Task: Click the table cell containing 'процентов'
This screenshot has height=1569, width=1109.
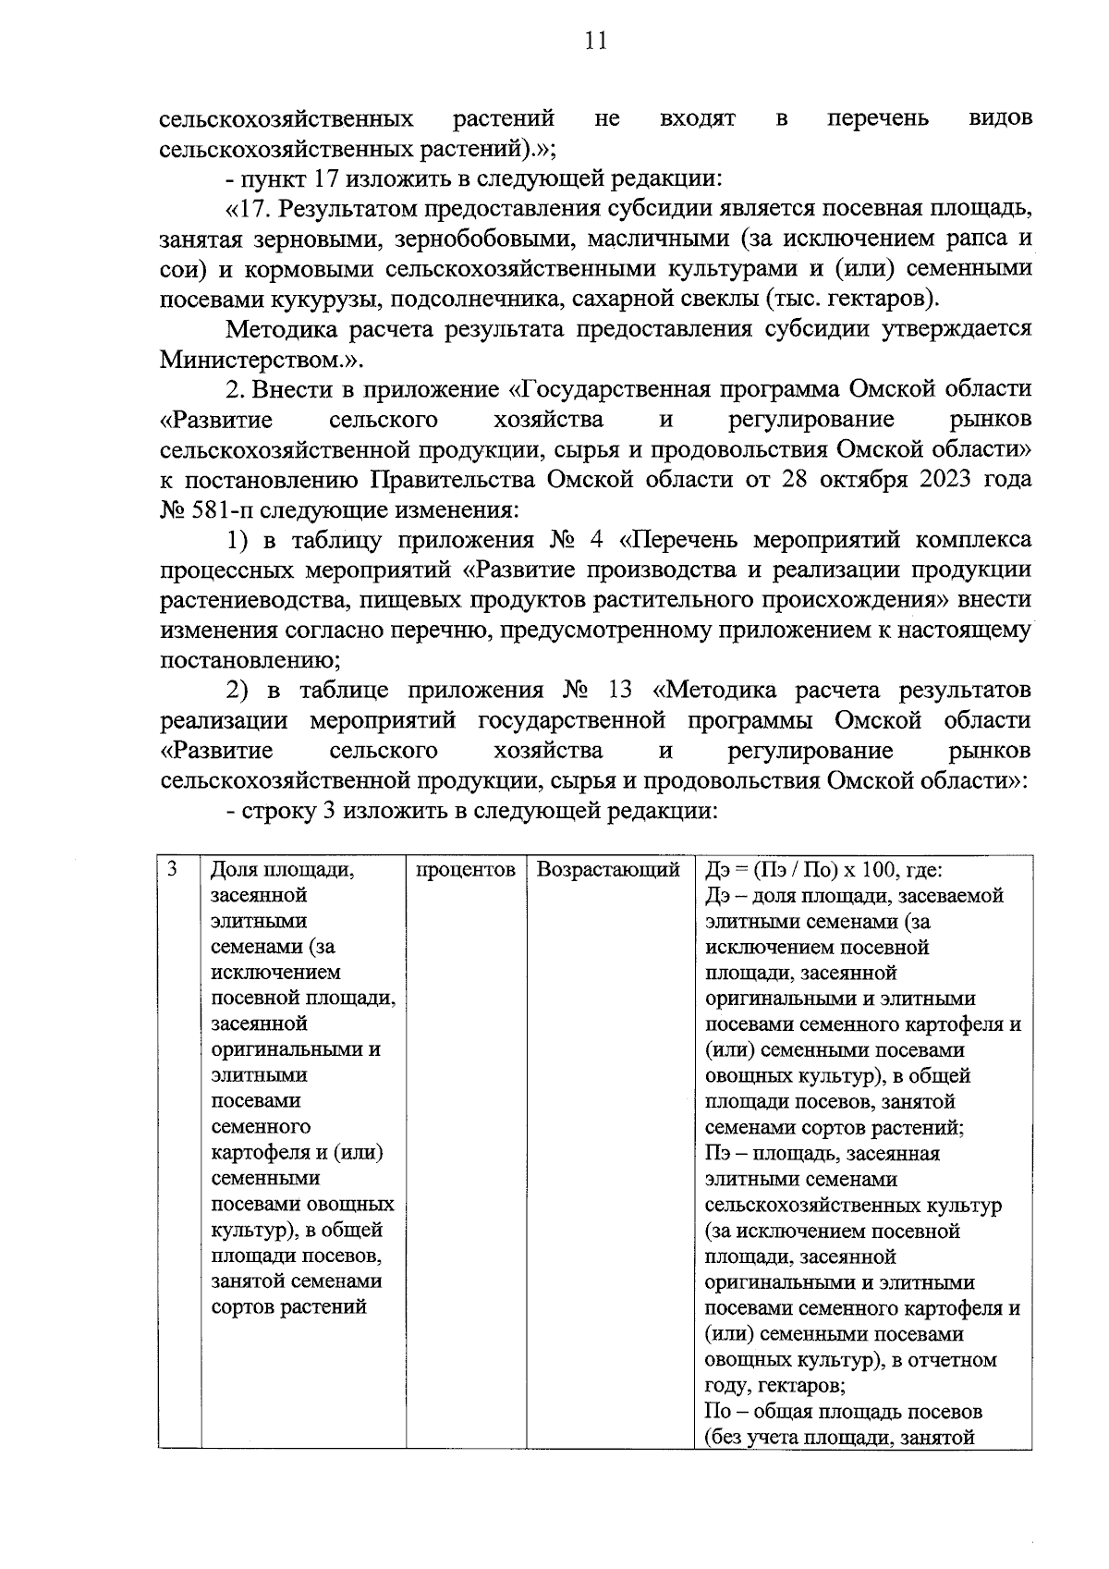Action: pyautogui.click(x=466, y=870)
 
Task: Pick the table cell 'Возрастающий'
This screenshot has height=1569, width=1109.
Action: pyautogui.click(x=608, y=870)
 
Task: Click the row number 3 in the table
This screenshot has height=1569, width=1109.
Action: pyautogui.click(x=173, y=870)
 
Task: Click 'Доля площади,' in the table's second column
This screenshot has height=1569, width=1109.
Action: pyautogui.click(x=283, y=870)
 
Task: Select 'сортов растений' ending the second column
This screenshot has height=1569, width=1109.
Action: pyautogui.click(x=288, y=1307)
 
